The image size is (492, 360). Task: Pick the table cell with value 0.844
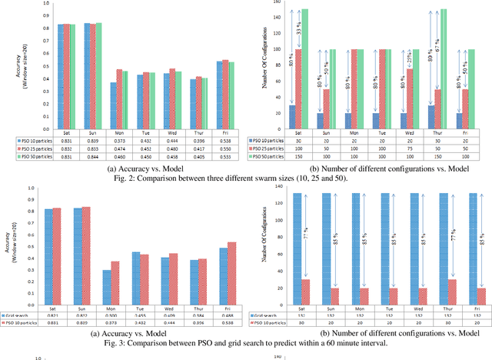pyautogui.click(x=93, y=155)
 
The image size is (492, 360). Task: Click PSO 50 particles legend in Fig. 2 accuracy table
pyautogui.click(x=42, y=155)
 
